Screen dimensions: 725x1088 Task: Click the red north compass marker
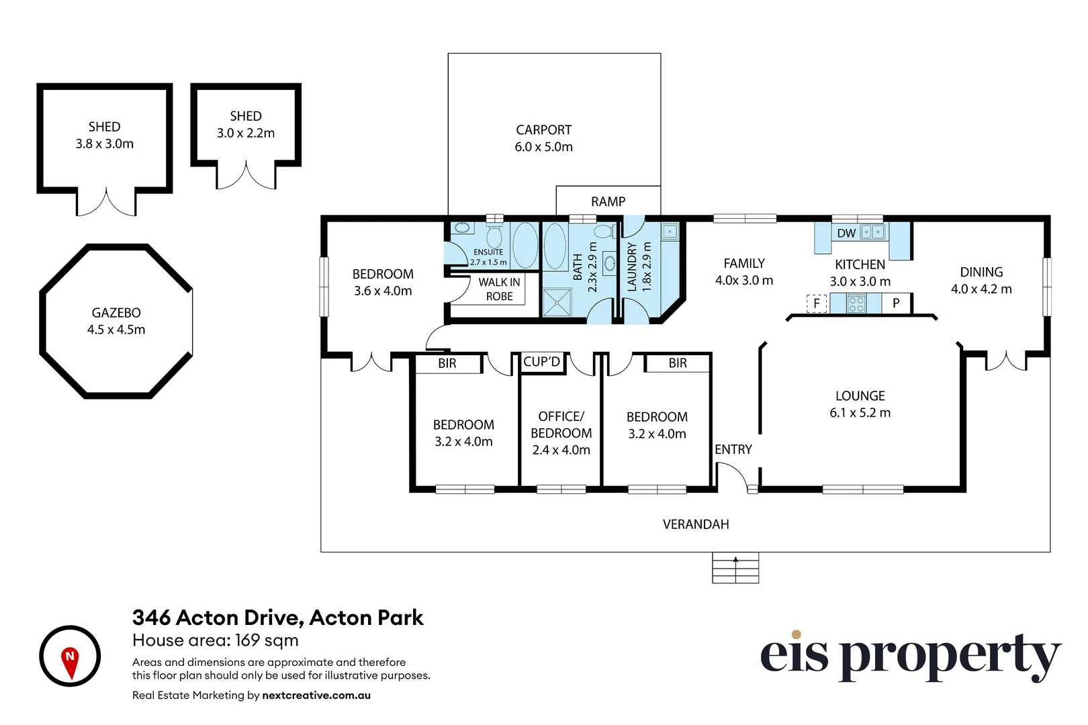(70, 661)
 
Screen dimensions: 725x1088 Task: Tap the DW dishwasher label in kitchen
(846, 233)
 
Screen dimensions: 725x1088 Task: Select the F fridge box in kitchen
(816, 303)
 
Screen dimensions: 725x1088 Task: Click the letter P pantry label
(896, 303)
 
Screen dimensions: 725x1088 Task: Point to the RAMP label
(608, 201)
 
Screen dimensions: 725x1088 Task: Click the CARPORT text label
(543, 130)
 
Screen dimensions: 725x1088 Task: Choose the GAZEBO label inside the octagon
(116, 313)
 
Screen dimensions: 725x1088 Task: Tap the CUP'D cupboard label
(541, 362)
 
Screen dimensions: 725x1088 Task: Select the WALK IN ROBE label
(499, 289)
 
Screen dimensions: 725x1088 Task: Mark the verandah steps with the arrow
(735, 568)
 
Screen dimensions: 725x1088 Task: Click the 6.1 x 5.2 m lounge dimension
(860, 413)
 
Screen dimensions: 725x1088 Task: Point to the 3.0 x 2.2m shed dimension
(246, 133)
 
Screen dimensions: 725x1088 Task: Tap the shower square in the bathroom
(557, 302)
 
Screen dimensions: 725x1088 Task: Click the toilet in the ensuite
(494, 236)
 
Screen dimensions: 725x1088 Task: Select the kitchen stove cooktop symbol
(856, 304)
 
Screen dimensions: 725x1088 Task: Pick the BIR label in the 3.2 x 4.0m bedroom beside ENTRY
(677, 363)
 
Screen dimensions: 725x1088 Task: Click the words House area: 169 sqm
(216, 640)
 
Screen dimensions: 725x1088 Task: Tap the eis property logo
(910, 656)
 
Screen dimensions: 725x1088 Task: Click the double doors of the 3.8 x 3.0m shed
(106, 203)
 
